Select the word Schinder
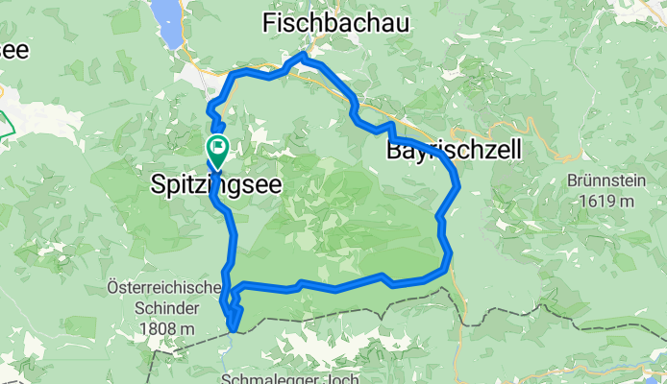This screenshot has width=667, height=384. [165, 308]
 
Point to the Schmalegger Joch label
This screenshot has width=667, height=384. [291, 377]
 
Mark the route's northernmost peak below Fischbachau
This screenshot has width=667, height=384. [302, 56]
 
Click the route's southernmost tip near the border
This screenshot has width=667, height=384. [233, 331]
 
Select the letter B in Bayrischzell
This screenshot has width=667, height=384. [395, 150]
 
